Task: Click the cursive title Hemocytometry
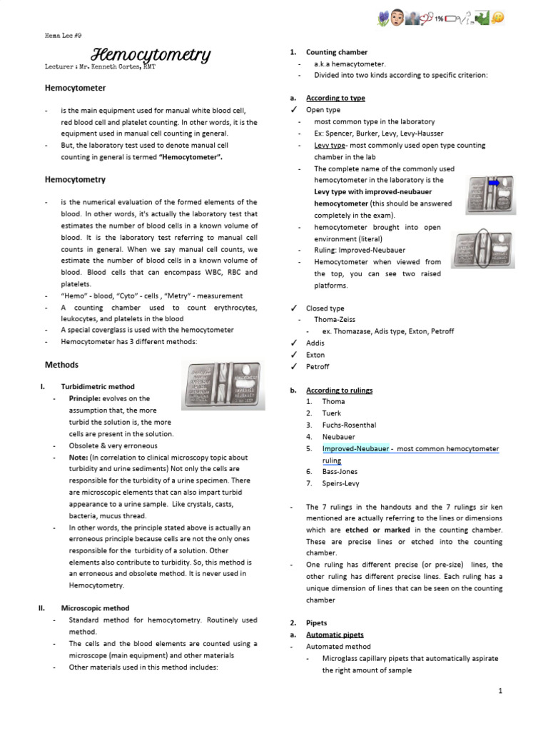pos(151,55)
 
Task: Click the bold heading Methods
pos(61,365)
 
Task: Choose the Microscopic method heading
pos(95,608)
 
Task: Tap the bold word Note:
pos(78,458)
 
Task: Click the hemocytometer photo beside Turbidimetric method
pos(223,385)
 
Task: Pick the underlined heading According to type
pos(335,99)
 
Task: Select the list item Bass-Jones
pos(340,472)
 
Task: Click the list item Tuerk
pos(332,413)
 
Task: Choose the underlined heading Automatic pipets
pos(335,635)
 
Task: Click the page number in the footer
pos(501,691)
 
